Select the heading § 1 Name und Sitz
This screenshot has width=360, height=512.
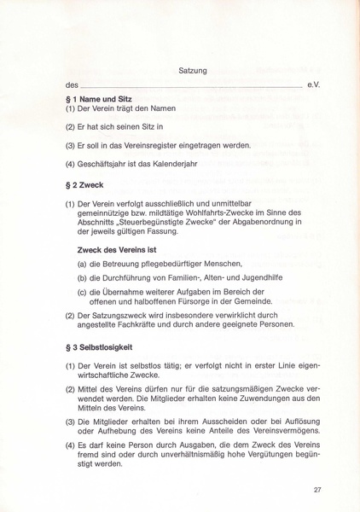(x=97, y=100)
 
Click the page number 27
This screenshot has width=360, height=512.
(x=317, y=489)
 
